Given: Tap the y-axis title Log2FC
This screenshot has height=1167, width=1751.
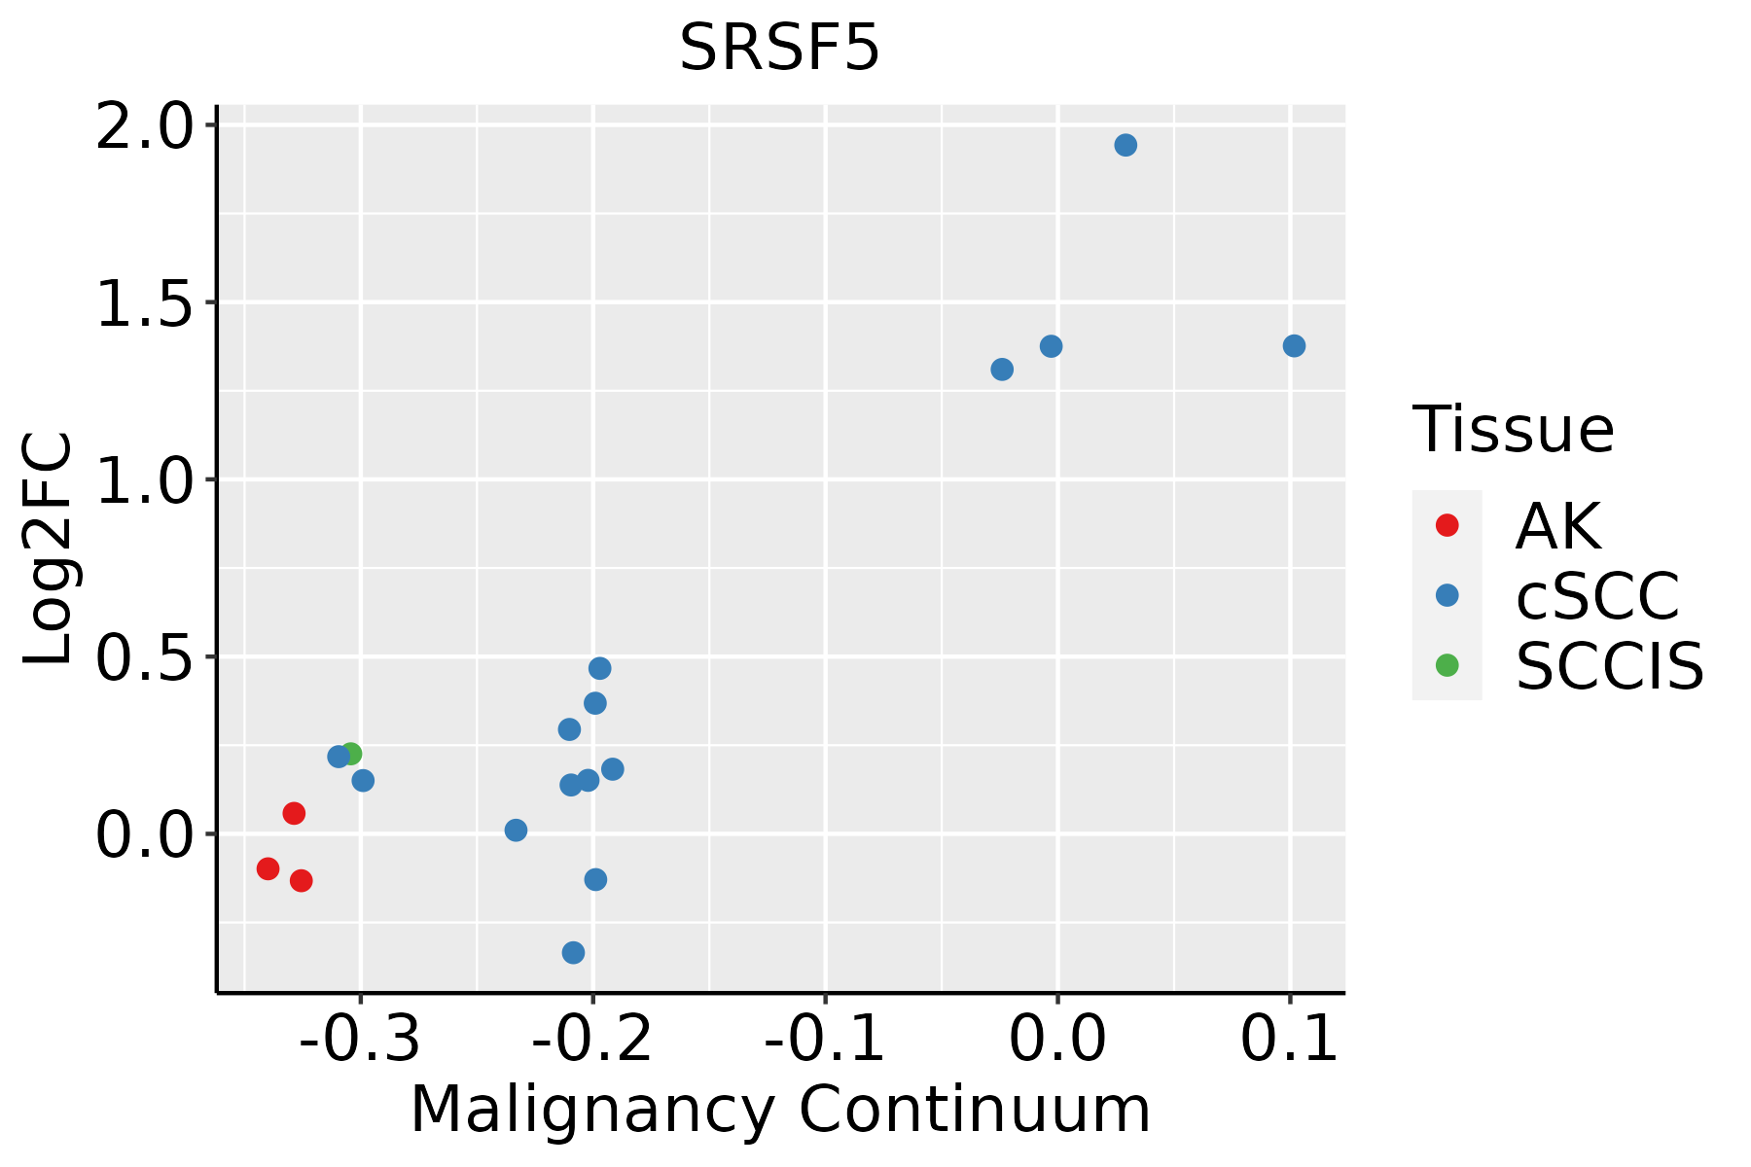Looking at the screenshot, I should coord(49,549).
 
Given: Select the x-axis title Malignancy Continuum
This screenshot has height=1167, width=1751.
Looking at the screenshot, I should coord(780,1111).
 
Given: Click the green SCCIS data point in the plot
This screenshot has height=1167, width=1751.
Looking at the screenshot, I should coord(351,754).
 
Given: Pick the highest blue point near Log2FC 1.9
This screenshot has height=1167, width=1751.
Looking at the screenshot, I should coord(1126,146).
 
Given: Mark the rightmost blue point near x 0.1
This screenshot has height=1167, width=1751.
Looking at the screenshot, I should coord(1294,346).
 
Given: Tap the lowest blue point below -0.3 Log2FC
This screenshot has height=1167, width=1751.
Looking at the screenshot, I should coord(574,952).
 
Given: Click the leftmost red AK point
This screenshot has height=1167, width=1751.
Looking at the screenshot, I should coord(268,868).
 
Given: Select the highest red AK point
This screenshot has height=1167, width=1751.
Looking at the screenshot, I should coord(294,813).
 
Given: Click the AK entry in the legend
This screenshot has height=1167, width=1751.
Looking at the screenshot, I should coord(1556,526).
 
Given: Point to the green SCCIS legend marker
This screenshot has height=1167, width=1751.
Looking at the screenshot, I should coord(1447,665).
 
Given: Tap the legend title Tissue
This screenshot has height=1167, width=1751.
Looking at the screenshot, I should coord(1513,429).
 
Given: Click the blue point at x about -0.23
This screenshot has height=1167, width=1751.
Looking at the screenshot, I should coord(517,831).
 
